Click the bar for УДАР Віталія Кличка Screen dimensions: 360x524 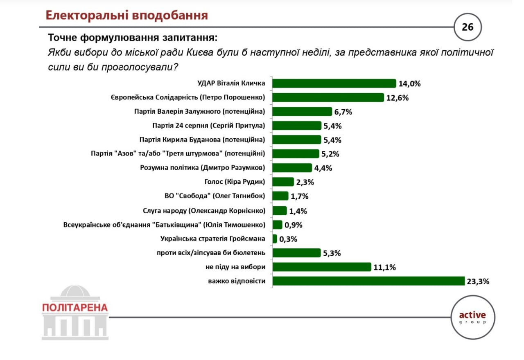pyautogui.click(x=334, y=83)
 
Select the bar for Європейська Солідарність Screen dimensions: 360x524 pyautogui.click(x=328, y=98)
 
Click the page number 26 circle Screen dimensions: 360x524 pyautogui.click(x=468, y=27)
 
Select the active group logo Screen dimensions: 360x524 pyautogui.click(x=472, y=317)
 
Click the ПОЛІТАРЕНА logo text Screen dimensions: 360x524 pyautogui.click(x=75, y=308)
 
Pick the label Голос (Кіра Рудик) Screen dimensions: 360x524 pyautogui.click(x=232, y=182)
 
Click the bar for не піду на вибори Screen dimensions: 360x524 pyautogui.click(x=321, y=267)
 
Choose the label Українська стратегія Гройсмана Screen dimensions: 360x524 pyautogui.click(x=213, y=239)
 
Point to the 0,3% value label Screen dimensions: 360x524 pyautogui.click(x=288, y=239)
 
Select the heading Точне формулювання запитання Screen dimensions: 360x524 pyautogui.click(x=133, y=38)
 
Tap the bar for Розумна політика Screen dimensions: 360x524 pyautogui.click(x=292, y=168)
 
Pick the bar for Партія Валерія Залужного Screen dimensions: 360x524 pyautogui.click(x=302, y=112)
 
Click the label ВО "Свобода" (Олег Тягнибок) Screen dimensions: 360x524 pyautogui.click(x=215, y=196)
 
